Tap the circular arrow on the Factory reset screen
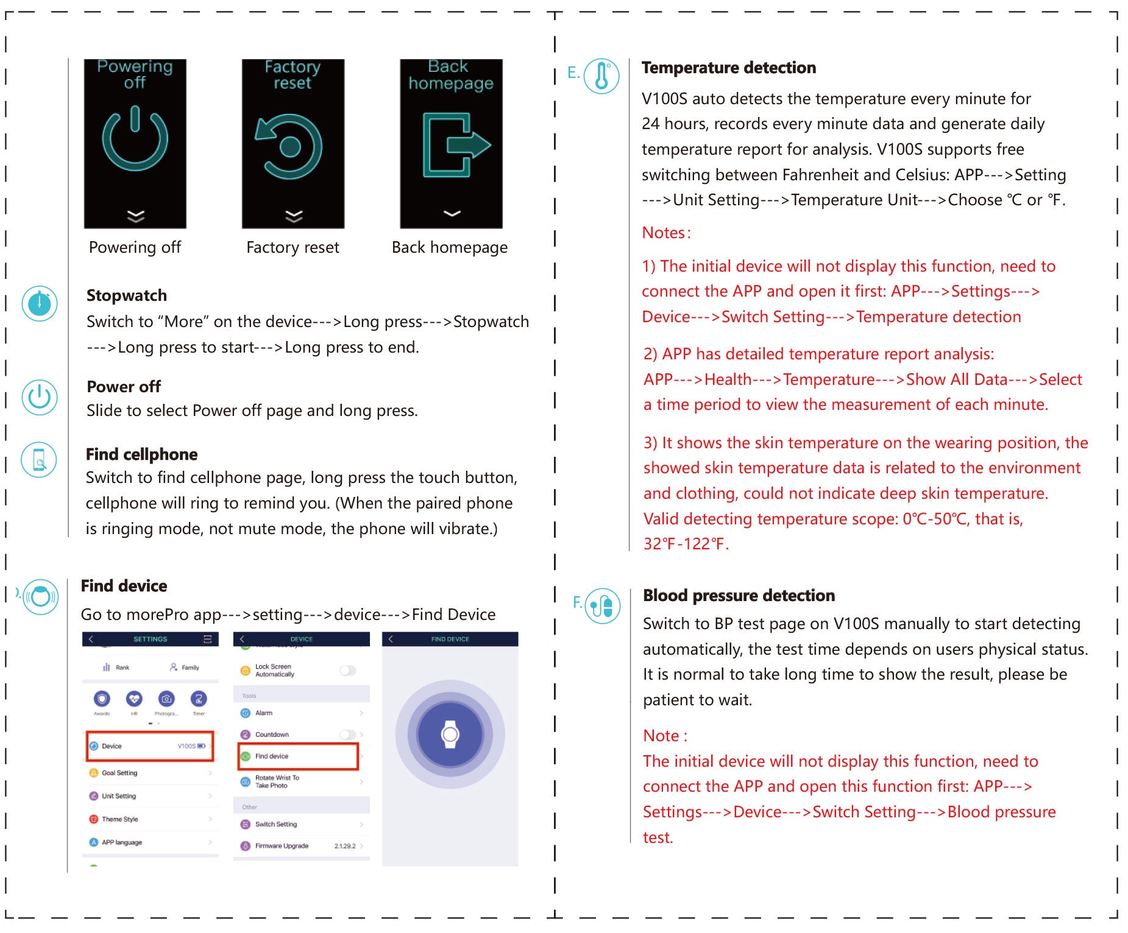[290, 146]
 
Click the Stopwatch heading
[127, 295]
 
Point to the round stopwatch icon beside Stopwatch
[40, 303]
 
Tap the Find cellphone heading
[141, 454]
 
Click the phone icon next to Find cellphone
[39, 459]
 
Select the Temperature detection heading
[728, 68]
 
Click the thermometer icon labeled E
[601, 77]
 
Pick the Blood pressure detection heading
[739, 596]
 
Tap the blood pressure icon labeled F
[602, 605]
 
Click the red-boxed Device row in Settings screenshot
[150, 746]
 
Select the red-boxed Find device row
[297, 756]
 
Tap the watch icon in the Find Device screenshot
[450, 734]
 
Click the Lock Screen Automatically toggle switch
[347, 671]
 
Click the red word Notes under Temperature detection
[666, 233]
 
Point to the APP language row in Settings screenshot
[150, 842]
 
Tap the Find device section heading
[124, 586]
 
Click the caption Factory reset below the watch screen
[293, 247]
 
